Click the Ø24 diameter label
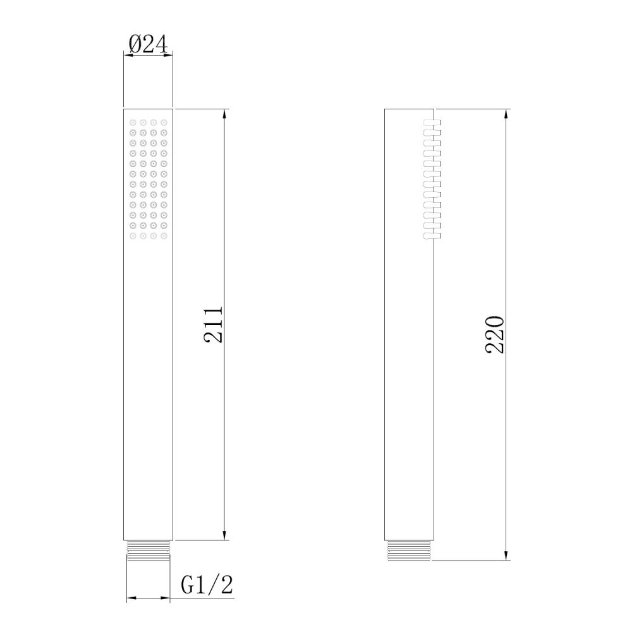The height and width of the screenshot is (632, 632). (148, 44)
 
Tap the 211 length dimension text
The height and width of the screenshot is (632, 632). (213, 325)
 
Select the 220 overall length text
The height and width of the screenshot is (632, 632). (495, 334)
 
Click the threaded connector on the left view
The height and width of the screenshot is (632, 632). (148, 551)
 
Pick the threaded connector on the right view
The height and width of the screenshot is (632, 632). (409, 550)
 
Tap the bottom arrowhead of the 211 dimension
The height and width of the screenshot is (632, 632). (224, 535)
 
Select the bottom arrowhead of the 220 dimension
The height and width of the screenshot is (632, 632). (506, 555)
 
